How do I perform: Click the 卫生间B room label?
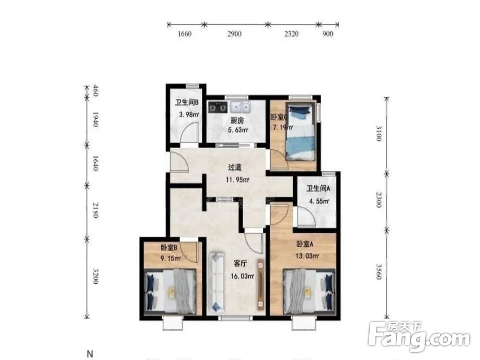[186, 102]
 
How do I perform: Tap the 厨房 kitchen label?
[236, 120]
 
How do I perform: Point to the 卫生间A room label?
[318, 189]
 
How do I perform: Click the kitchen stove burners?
[218, 106]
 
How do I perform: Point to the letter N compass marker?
[89, 354]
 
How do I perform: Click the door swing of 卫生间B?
[192, 131]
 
